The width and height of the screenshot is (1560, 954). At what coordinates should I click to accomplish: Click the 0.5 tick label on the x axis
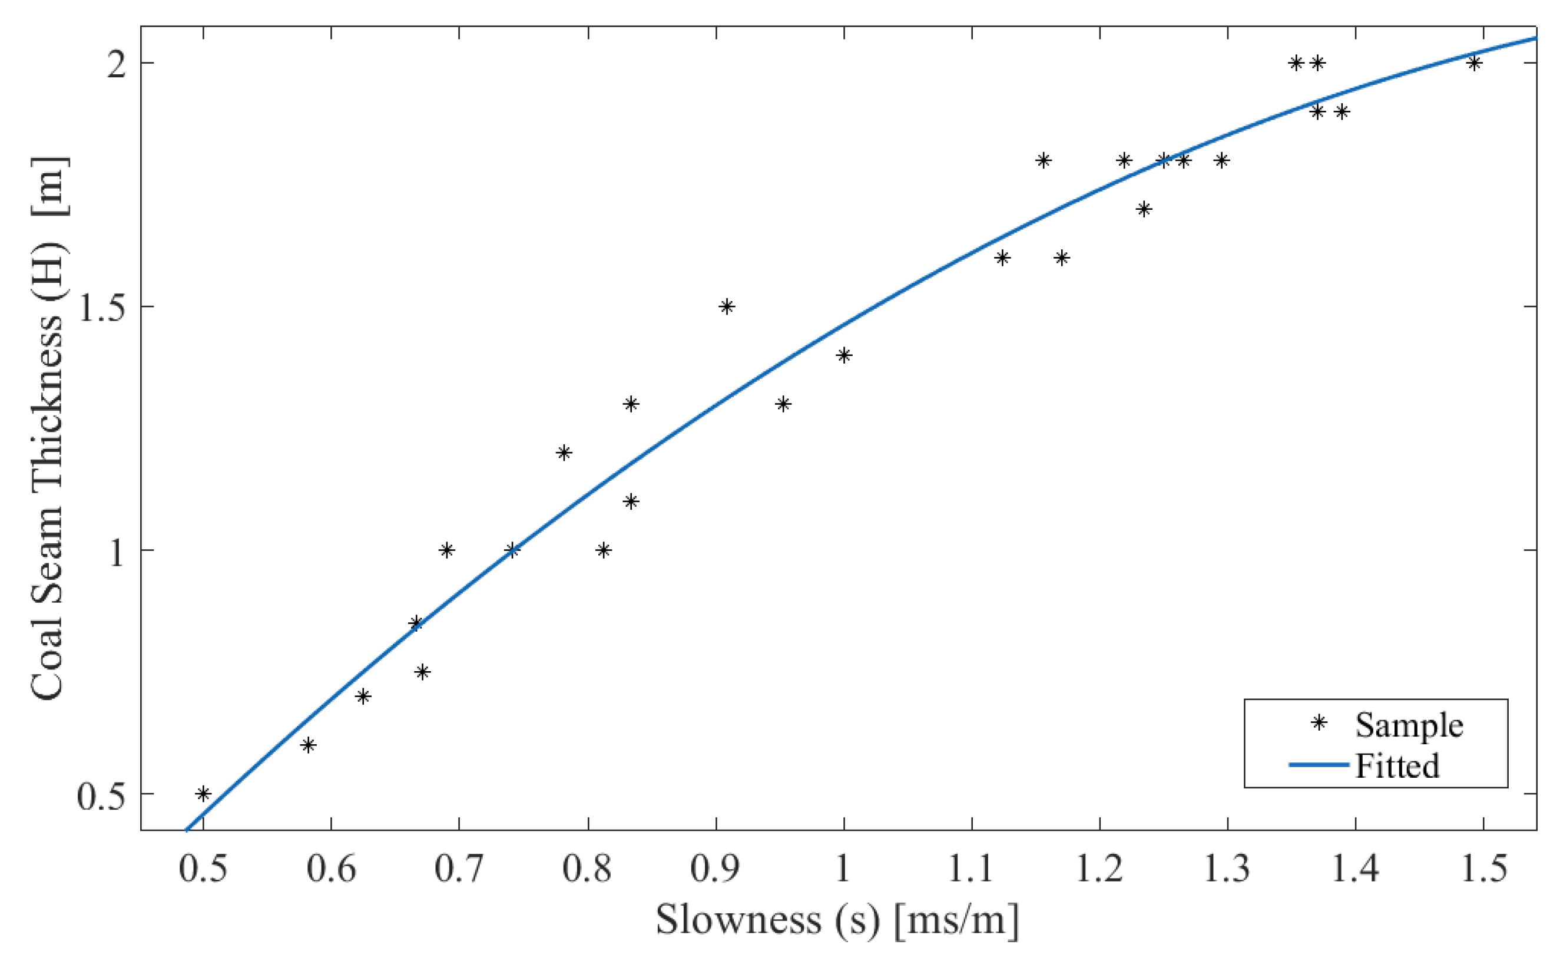click(203, 869)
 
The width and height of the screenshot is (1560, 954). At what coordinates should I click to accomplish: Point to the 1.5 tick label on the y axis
click(100, 308)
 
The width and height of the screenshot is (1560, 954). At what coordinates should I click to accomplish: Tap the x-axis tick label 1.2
click(1099, 869)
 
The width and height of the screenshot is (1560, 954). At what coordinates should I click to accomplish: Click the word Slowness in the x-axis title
click(738, 920)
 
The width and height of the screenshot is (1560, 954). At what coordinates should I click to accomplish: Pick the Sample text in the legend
click(1409, 725)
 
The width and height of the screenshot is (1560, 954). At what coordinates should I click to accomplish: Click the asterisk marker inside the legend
click(1319, 723)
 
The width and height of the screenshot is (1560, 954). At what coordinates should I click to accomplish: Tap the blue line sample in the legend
click(1319, 765)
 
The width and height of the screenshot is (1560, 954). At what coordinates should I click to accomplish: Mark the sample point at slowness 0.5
click(203, 794)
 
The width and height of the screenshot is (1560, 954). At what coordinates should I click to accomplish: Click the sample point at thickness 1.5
click(727, 306)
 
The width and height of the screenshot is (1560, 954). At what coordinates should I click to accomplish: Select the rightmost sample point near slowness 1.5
click(1474, 62)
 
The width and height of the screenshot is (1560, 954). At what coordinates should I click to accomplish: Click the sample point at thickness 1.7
click(1144, 209)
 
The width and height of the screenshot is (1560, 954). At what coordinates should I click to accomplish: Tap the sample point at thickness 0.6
click(307, 745)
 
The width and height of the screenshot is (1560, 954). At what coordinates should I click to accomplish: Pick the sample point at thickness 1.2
click(564, 453)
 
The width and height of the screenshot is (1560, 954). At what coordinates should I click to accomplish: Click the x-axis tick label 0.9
click(716, 869)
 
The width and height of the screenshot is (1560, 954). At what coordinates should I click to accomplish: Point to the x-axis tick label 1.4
click(1356, 869)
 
